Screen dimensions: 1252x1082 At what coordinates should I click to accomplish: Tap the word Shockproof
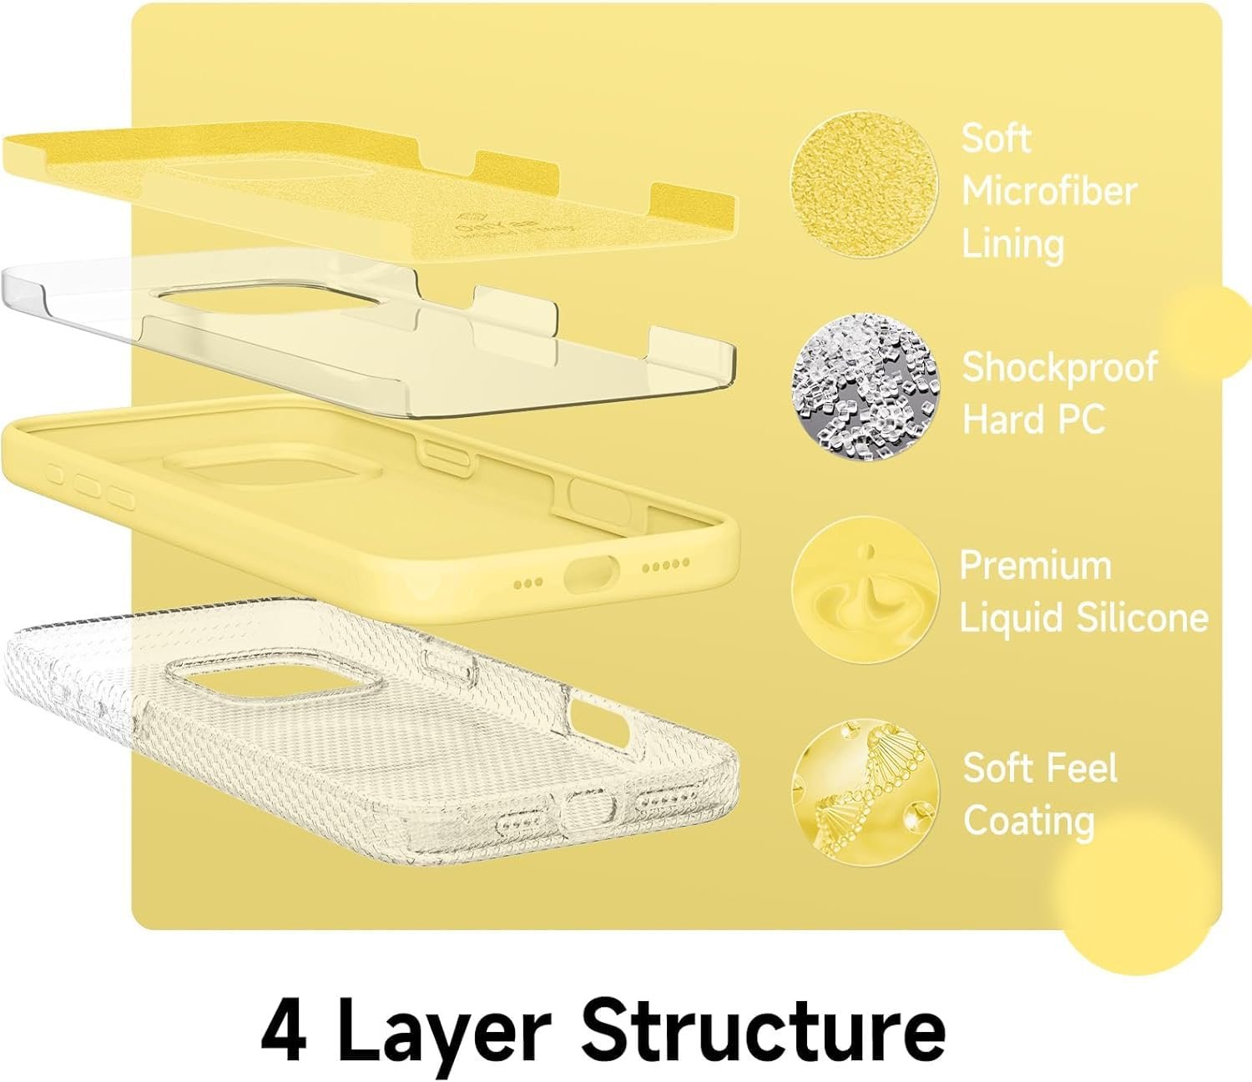[1059, 368]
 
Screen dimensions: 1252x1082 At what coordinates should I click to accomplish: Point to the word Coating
[1028, 821]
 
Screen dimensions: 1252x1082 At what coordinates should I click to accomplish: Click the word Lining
[1012, 244]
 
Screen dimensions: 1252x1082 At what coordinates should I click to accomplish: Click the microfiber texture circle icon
[865, 184]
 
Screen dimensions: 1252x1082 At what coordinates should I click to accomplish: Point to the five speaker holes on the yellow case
[666, 564]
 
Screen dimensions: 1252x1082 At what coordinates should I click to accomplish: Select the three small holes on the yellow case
[528, 582]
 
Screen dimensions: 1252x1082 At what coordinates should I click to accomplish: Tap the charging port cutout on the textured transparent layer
[586, 808]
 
